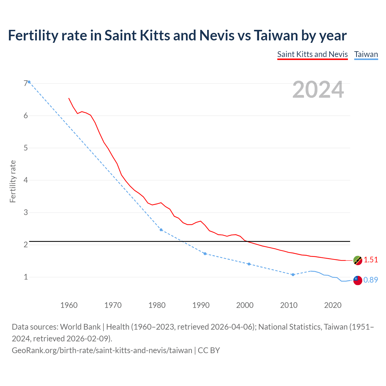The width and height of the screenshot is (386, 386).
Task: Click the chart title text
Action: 177,36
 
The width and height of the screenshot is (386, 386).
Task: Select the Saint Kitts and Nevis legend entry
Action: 312,54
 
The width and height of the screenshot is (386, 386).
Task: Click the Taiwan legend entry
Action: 366,54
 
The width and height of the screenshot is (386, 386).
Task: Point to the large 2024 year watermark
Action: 318,90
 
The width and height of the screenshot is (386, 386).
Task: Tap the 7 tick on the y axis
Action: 26,83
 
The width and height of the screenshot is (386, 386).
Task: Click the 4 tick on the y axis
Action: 26,180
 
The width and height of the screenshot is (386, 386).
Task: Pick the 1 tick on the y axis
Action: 26,277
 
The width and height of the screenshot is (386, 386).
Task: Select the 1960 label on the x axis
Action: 69,305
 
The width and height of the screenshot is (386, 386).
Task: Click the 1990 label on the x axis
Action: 201,305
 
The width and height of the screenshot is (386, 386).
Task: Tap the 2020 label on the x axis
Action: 333,305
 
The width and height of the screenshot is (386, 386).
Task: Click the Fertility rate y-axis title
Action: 13,181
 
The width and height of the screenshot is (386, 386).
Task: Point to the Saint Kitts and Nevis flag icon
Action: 357,260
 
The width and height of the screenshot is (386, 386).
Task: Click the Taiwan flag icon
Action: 357,280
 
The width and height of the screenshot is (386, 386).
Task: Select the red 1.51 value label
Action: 371,260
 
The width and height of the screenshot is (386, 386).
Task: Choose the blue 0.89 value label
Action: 371,280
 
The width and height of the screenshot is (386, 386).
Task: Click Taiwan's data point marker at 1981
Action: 161,230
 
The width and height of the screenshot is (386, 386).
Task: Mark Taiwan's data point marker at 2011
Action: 293,275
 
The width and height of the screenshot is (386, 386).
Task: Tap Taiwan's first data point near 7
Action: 29,82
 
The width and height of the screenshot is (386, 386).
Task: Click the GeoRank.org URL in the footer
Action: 102,350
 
